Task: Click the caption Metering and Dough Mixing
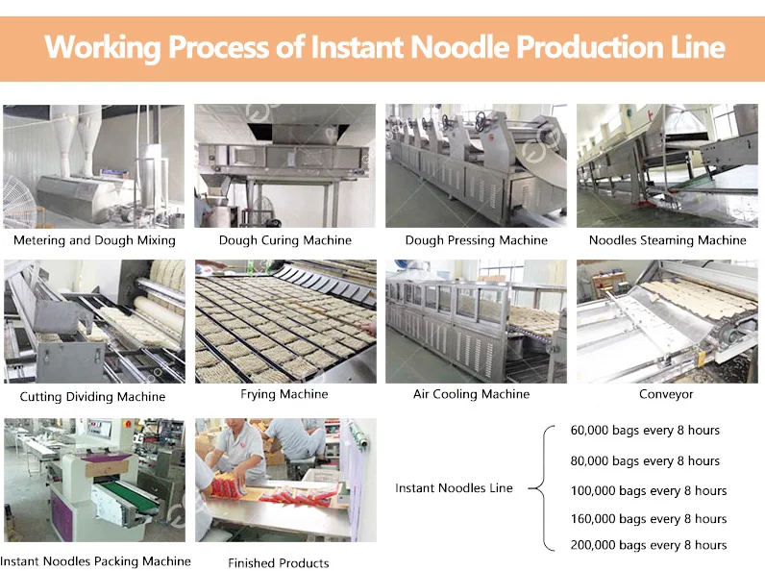pos(94,240)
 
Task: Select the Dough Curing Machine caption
pos(285,240)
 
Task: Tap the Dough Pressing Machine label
pos(477,240)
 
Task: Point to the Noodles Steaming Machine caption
pos(668,240)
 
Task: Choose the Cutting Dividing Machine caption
pos(93,396)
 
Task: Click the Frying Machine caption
pos(284,394)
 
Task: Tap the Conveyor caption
pos(666,394)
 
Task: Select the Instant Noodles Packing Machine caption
pos(95,560)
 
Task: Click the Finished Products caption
pos(279,562)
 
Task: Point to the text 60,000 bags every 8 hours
pos(645,431)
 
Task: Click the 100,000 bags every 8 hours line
pos(649,490)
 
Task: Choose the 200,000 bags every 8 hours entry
pos(649,545)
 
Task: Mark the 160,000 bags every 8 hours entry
pos(649,519)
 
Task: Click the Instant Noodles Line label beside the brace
pos(454,488)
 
